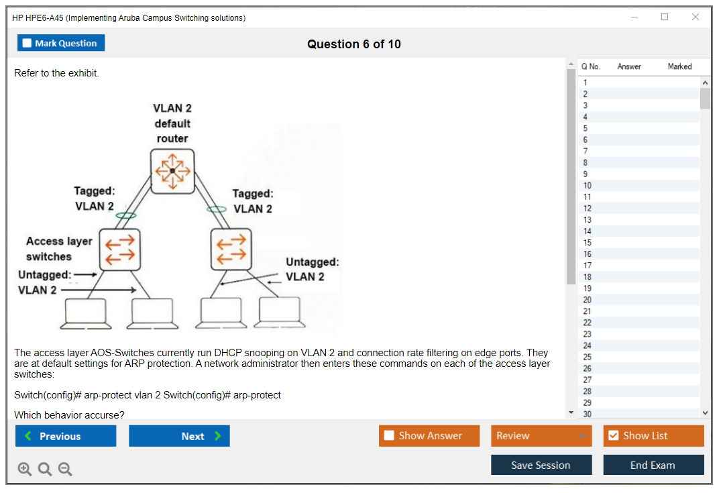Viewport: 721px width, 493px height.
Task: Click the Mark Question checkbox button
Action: (61, 43)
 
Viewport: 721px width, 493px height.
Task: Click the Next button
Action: (179, 436)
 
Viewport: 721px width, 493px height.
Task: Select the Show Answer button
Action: (429, 436)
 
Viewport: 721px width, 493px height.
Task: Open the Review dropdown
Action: (541, 436)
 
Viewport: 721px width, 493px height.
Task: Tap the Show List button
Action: (653, 436)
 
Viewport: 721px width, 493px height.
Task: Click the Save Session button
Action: (541, 465)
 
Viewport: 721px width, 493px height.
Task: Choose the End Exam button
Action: (653, 465)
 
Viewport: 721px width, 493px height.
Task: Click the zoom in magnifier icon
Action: (25, 470)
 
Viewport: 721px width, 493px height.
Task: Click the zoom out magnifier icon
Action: (65, 470)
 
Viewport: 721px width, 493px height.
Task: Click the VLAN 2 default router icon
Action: (172, 171)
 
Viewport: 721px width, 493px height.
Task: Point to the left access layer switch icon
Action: (120, 248)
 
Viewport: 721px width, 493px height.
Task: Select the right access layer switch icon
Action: (231, 248)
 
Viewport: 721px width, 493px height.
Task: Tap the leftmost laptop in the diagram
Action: (86, 313)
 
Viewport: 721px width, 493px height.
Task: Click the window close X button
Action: (695, 17)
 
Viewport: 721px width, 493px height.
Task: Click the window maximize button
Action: (665, 17)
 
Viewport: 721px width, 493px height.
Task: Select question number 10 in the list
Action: (588, 185)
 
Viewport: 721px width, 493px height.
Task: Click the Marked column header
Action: (679, 66)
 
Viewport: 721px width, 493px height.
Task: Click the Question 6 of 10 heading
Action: (354, 44)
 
